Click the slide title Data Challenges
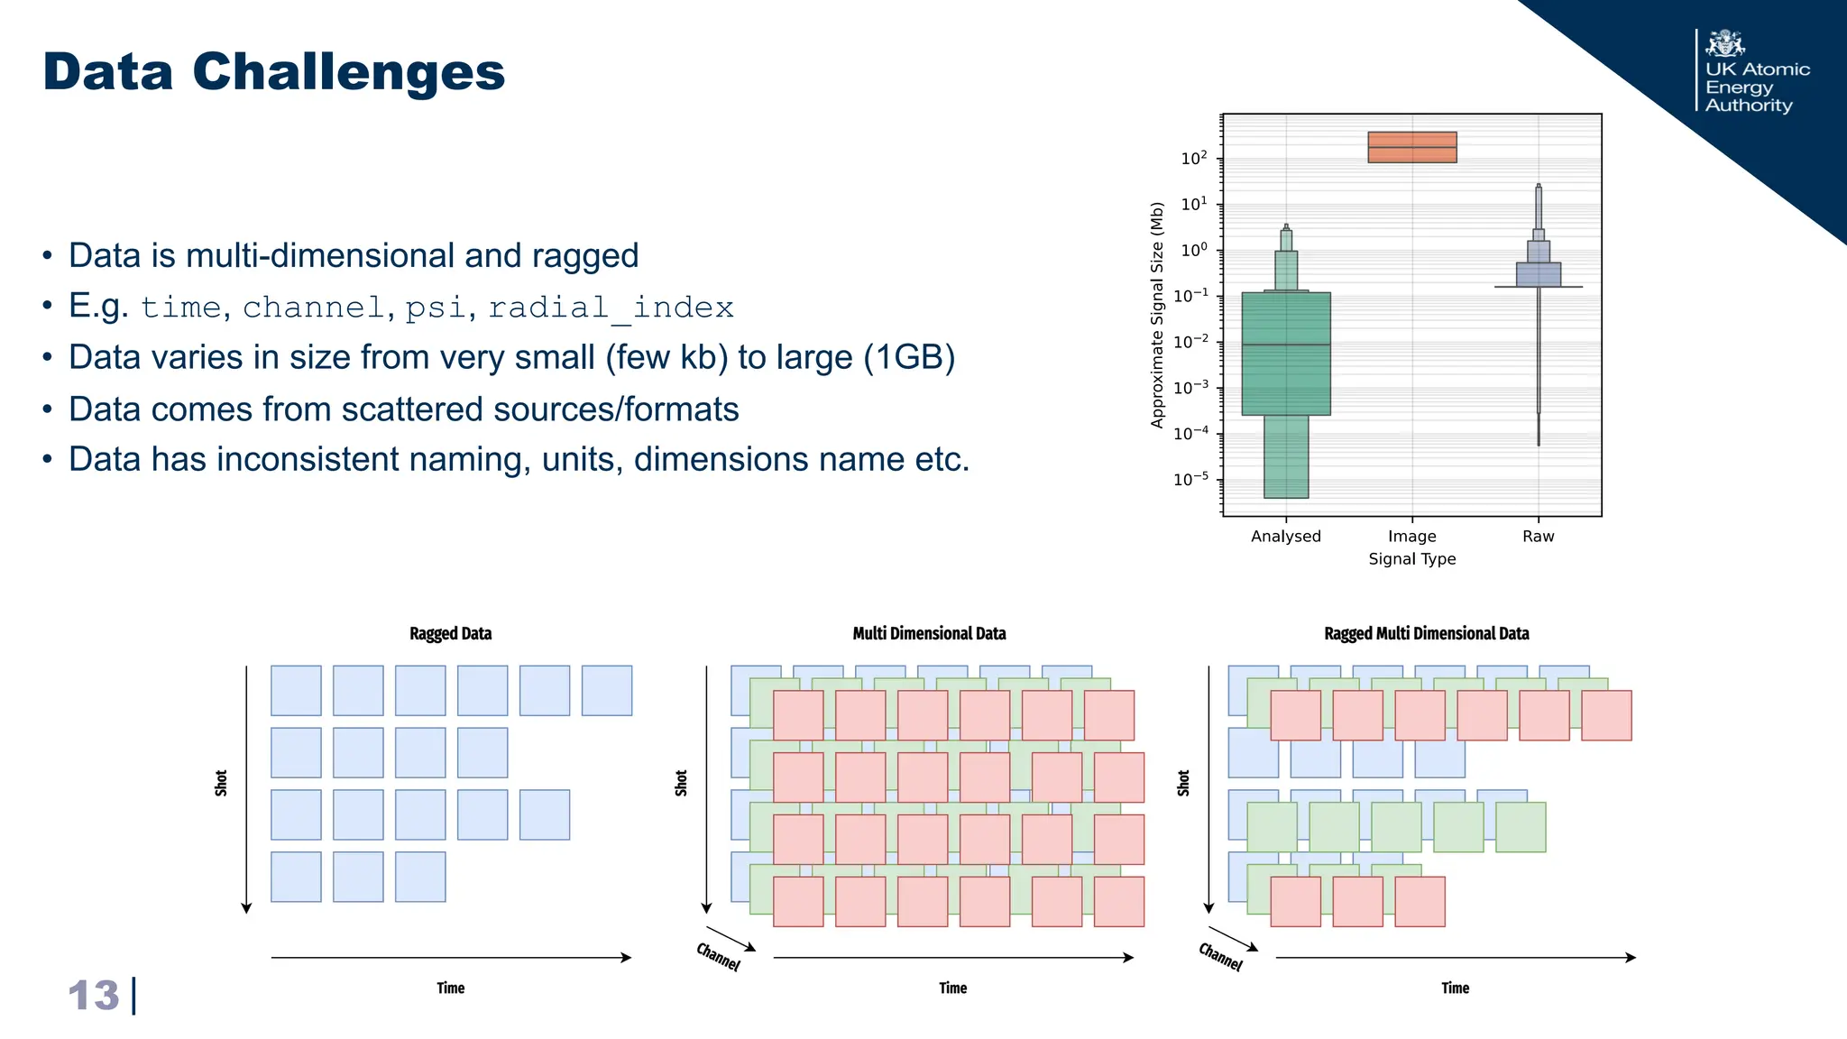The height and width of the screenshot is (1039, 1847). coord(273,72)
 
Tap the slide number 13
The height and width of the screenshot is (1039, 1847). coord(94,996)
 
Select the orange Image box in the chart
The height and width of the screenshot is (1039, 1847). coord(1411,147)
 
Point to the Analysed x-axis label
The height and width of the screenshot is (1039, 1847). coord(1285,537)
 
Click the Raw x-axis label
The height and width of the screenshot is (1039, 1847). coord(1538,537)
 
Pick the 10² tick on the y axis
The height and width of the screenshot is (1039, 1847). coord(1194,159)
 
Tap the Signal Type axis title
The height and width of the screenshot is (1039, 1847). coord(1411,559)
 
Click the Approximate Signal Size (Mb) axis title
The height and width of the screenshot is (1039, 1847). coord(1157,315)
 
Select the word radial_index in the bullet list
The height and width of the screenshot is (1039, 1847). coord(611,308)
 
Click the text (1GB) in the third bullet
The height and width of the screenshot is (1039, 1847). coord(909,358)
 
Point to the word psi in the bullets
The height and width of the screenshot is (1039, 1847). coord(435,308)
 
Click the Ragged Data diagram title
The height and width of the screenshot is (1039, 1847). coord(450,634)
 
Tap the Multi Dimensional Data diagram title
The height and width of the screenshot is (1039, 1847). coord(929,634)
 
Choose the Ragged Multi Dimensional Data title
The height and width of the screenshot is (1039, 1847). coord(1426,634)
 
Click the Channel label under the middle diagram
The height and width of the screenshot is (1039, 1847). coord(718,956)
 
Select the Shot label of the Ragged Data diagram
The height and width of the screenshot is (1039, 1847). coord(221,783)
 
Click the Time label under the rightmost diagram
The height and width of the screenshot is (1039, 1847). coord(1455,988)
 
